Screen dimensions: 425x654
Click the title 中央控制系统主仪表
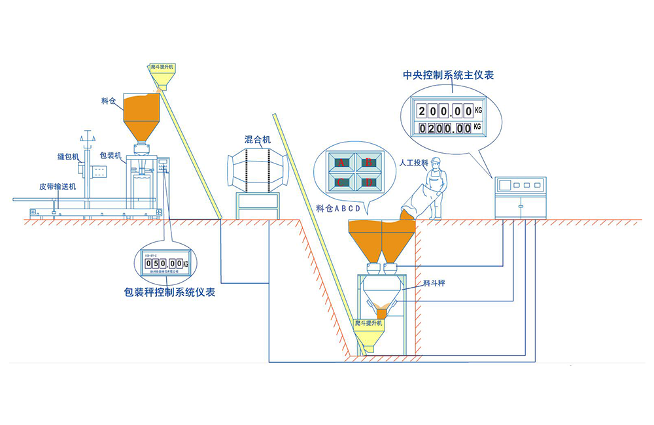coord(448,75)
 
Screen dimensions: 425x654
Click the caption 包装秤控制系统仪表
coord(169,292)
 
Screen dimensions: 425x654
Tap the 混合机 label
coord(258,139)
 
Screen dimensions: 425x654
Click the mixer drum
coord(258,169)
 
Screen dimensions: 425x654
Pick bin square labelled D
coord(368,182)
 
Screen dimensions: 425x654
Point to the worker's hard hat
coord(436,161)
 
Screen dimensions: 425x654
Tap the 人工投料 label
coord(413,162)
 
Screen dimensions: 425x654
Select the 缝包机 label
coord(67,157)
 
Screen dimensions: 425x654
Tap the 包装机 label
coord(110,156)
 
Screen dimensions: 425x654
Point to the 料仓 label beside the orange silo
coord(109,101)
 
